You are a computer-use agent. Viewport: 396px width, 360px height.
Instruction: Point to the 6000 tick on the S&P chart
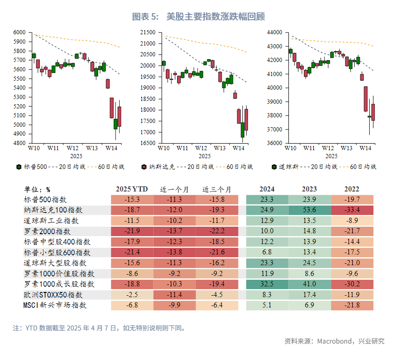(19, 32)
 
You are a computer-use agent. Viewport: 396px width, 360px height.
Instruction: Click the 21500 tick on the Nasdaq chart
(148, 32)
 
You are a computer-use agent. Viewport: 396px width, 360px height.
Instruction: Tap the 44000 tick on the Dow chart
(274, 32)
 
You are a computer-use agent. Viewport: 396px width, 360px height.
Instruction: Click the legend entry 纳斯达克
(158, 167)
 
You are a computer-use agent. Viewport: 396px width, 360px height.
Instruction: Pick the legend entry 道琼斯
(285, 167)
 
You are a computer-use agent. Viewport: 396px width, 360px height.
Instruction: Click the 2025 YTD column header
(132, 189)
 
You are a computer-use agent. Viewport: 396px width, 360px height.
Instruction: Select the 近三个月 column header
(217, 189)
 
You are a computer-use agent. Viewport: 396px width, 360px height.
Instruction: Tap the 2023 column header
(310, 189)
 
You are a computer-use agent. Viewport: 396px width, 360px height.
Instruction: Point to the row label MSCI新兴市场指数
(55, 306)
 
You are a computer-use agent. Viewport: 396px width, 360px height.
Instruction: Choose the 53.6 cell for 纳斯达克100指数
(310, 210)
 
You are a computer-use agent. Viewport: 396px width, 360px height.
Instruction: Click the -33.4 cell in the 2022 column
(352, 210)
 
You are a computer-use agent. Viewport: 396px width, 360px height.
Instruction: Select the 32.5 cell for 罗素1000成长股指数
(267, 284)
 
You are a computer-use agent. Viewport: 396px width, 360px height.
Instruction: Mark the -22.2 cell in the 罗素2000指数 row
(217, 231)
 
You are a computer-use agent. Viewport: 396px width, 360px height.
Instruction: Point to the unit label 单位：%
(37, 190)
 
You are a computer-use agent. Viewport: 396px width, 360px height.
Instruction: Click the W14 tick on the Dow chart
(365, 148)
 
